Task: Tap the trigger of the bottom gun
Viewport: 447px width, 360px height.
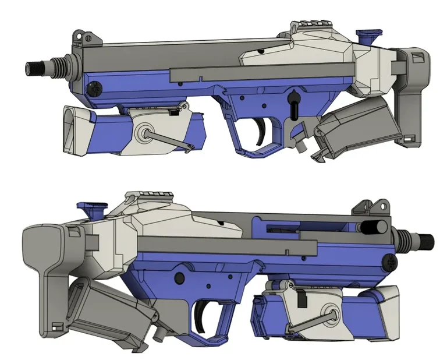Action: pos(201,313)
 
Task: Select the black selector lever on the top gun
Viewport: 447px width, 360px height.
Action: pos(295,102)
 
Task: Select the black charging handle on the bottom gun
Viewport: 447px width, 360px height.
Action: pos(371,227)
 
